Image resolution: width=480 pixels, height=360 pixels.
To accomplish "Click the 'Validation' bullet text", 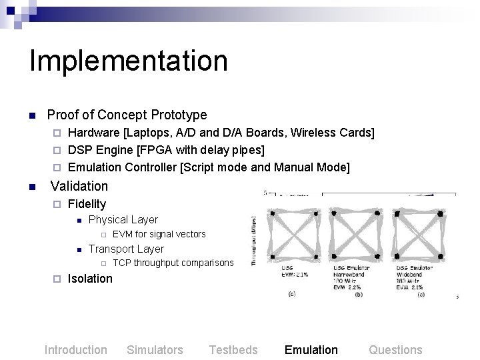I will click(x=79, y=186).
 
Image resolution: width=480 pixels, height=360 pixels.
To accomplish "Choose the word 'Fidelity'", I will click(x=87, y=203).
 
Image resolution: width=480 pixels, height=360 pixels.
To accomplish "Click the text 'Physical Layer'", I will click(x=123, y=219).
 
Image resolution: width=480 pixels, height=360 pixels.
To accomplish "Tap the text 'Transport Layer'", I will click(x=126, y=249).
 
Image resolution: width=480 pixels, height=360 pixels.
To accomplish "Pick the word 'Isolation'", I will click(x=91, y=279).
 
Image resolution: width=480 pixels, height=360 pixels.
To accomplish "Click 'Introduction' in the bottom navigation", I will click(x=75, y=350).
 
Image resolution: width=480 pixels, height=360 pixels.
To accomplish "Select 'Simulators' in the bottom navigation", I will click(x=155, y=350).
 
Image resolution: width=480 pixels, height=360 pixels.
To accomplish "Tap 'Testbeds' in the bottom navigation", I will click(x=233, y=350).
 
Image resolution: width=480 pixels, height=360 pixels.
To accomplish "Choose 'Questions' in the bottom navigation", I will click(x=395, y=350).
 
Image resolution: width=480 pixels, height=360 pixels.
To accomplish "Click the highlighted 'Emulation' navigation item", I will click(x=311, y=350).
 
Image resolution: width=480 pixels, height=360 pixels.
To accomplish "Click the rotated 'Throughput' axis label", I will click(x=254, y=240).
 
